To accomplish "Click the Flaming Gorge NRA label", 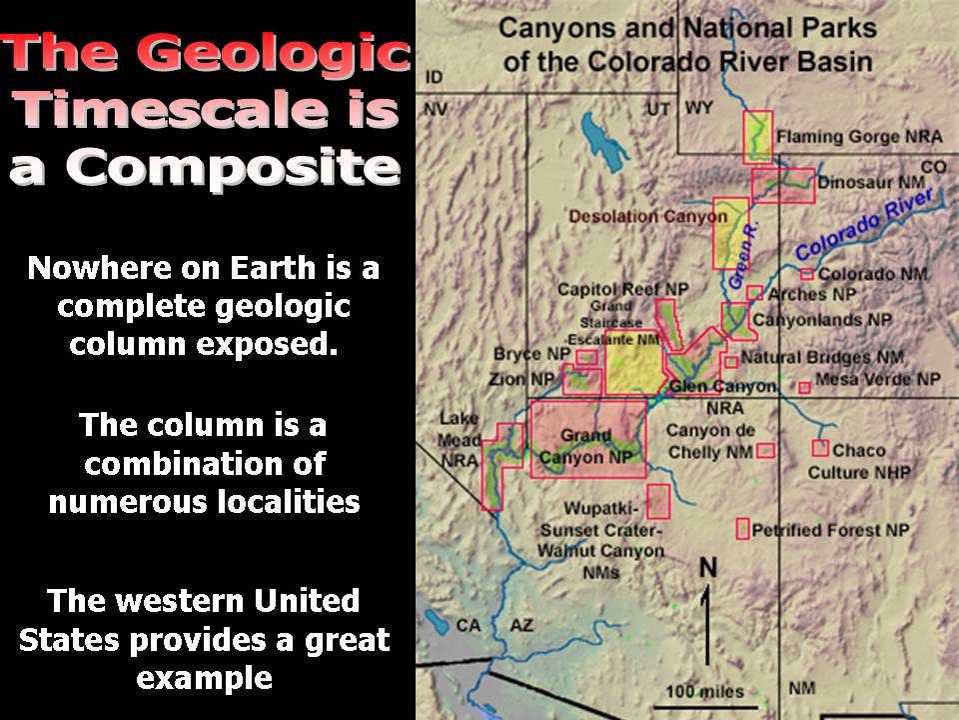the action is click(x=859, y=137).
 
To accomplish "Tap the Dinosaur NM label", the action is click(x=871, y=182).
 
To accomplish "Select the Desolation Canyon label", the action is click(x=648, y=216).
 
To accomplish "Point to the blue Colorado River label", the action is click(x=864, y=224).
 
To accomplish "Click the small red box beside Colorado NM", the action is click(x=807, y=274).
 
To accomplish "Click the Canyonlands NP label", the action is click(x=822, y=320).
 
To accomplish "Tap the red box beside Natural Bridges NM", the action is click(x=731, y=361).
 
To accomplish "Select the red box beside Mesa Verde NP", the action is click(x=805, y=387).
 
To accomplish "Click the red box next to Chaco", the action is click(x=820, y=448).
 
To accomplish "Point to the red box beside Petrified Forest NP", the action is click(x=742, y=529).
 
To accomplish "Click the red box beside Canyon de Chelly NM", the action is click(x=766, y=451).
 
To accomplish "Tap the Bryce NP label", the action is click(x=531, y=354).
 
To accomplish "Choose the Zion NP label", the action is click(x=521, y=380).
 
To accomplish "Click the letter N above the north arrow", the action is click(x=707, y=568).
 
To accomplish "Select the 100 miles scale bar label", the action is click(x=704, y=691).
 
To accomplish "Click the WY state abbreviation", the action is click(x=699, y=108).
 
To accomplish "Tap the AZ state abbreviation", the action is click(x=521, y=625).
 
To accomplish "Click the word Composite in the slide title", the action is click(x=205, y=168).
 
